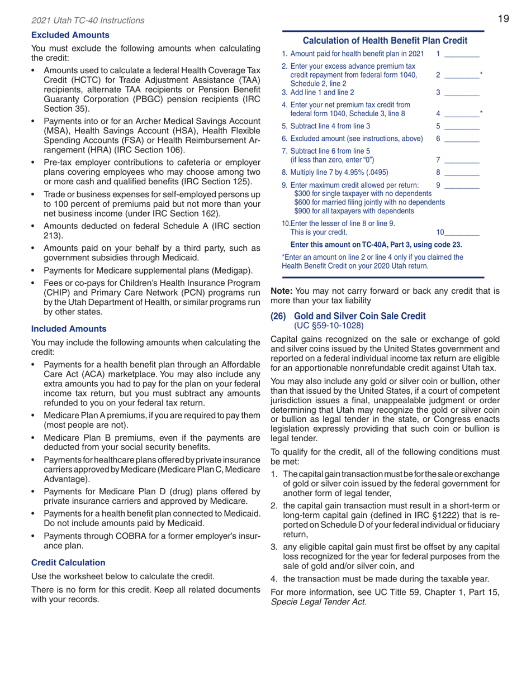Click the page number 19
[504, 20]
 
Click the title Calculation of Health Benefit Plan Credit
[385, 41]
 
